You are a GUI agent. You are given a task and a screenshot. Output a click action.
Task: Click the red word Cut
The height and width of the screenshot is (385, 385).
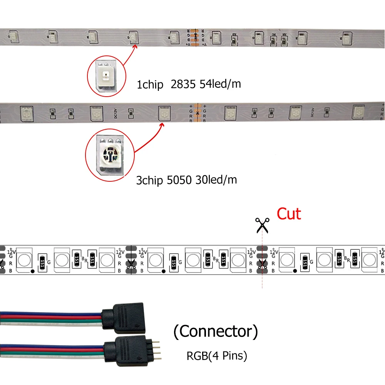coord(289,214)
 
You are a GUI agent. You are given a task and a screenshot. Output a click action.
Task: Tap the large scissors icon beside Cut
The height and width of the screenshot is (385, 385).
coord(263,225)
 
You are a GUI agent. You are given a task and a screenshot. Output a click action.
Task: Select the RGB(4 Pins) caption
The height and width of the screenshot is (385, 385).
coord(217,356)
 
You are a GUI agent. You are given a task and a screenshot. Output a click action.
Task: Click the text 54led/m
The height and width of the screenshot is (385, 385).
coord(220,84)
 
